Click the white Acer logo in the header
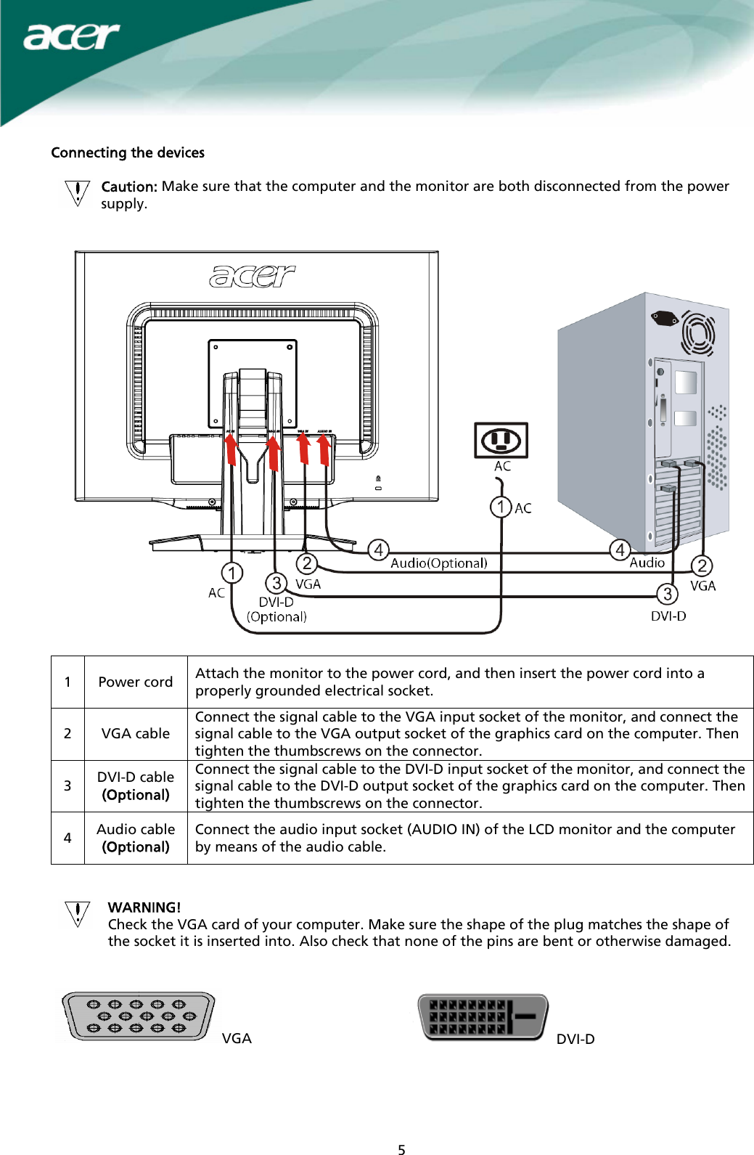click(71, 36)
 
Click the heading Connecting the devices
click(128, 152)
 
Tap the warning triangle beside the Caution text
click(78, 193)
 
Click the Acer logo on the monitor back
click(252, 276)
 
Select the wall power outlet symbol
click(501, 440)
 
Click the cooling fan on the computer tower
click(698, 334)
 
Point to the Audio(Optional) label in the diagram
click(438, 563)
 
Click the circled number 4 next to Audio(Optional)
click(378, 550)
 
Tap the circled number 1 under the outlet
click(501, 507)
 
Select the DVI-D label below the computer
click(668, 616)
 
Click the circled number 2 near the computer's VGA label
click(701, 566)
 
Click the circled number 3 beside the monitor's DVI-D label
click(276, 583)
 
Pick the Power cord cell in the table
click(136, 682)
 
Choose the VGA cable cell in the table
click(136, 734)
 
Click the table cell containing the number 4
click(67, 838)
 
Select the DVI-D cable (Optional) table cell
click(136, 786)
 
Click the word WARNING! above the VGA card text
click(144, 907)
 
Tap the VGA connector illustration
click(138, 1016)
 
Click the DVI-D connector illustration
click(483, 1017)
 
